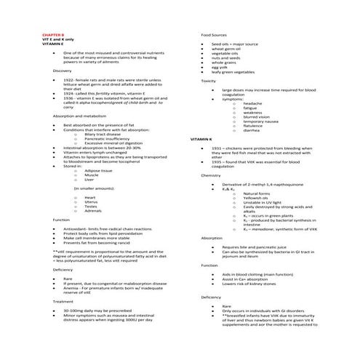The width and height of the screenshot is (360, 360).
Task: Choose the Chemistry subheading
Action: [211, 175]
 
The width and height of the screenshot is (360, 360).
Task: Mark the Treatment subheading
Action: [63, 300]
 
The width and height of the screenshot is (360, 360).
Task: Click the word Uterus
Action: [91, 201]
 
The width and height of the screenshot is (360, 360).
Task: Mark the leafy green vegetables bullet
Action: [233, 72]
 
